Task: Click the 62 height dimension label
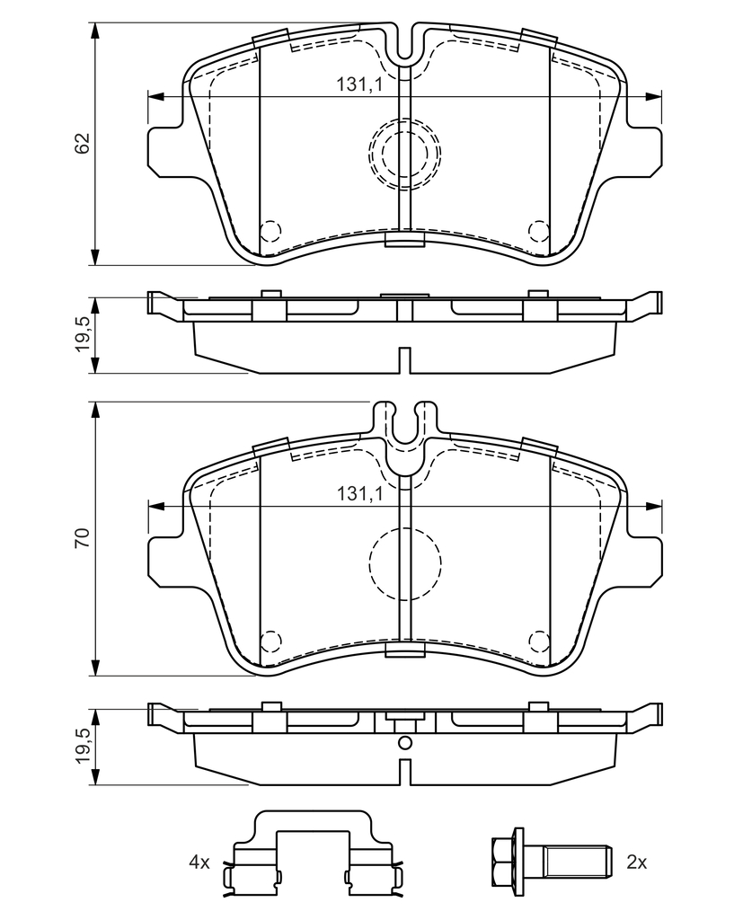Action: pos(83,143)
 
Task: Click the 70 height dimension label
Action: pos(83,538)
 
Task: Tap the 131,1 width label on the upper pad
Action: pos(359,84)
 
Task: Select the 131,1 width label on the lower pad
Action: pos(359,494)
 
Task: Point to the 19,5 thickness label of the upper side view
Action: pos(83,334)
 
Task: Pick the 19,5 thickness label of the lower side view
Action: pos(83,746)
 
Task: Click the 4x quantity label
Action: pos(199,862)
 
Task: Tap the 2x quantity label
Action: pos(637,862)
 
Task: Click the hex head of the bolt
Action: pos(503,862)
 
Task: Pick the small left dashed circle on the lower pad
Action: pos(270,640)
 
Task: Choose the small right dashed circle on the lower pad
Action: pos(538,640)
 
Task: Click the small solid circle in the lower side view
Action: pos(404,743)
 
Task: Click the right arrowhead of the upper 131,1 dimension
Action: pos(653,97)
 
